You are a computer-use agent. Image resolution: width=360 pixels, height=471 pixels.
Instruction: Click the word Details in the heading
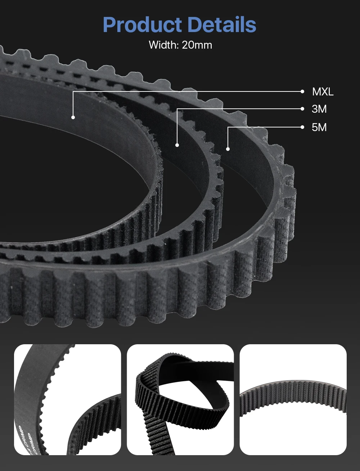221,25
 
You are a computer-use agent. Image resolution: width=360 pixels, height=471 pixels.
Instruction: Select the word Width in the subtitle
164,45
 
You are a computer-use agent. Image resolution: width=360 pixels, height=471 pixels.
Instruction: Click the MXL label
323,92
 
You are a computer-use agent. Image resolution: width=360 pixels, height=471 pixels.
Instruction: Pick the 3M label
319,109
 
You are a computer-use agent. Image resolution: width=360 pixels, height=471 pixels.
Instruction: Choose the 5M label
319,127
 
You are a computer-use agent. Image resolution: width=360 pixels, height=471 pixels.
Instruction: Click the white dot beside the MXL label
302,91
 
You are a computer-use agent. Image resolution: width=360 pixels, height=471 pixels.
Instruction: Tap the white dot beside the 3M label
302,109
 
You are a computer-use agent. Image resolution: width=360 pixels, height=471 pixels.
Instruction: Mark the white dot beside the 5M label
302,127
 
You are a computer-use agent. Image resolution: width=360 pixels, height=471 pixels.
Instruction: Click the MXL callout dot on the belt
73,117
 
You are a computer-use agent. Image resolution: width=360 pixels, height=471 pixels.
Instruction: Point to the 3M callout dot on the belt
177,145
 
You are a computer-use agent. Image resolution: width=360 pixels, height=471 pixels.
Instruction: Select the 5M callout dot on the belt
228,148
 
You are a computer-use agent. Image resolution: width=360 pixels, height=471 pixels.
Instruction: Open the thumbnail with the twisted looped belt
180,399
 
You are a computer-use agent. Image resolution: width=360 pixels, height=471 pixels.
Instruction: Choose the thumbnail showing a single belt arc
293,399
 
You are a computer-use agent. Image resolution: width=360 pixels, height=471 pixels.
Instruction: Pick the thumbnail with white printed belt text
67,399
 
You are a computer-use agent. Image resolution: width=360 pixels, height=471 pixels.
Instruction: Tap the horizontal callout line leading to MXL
187,91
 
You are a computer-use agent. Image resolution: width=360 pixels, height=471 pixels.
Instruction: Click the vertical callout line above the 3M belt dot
177,126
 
